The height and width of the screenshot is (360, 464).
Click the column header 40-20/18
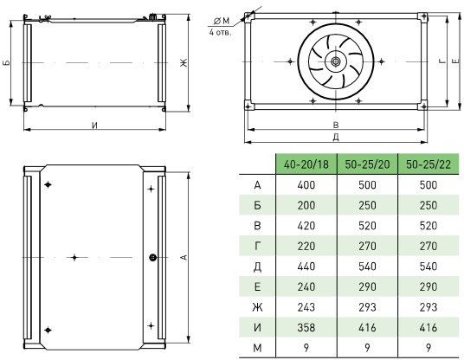306,164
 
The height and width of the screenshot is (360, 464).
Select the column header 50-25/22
429,164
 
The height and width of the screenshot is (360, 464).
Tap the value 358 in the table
306,327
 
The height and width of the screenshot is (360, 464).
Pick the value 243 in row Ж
306,307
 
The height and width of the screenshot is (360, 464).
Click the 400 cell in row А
306,185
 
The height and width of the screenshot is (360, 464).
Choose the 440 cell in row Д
306,267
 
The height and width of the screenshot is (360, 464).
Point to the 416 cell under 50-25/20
367,327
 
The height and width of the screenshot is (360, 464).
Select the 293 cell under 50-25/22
429,307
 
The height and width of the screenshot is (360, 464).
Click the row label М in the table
257,348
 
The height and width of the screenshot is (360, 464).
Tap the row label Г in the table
257,246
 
